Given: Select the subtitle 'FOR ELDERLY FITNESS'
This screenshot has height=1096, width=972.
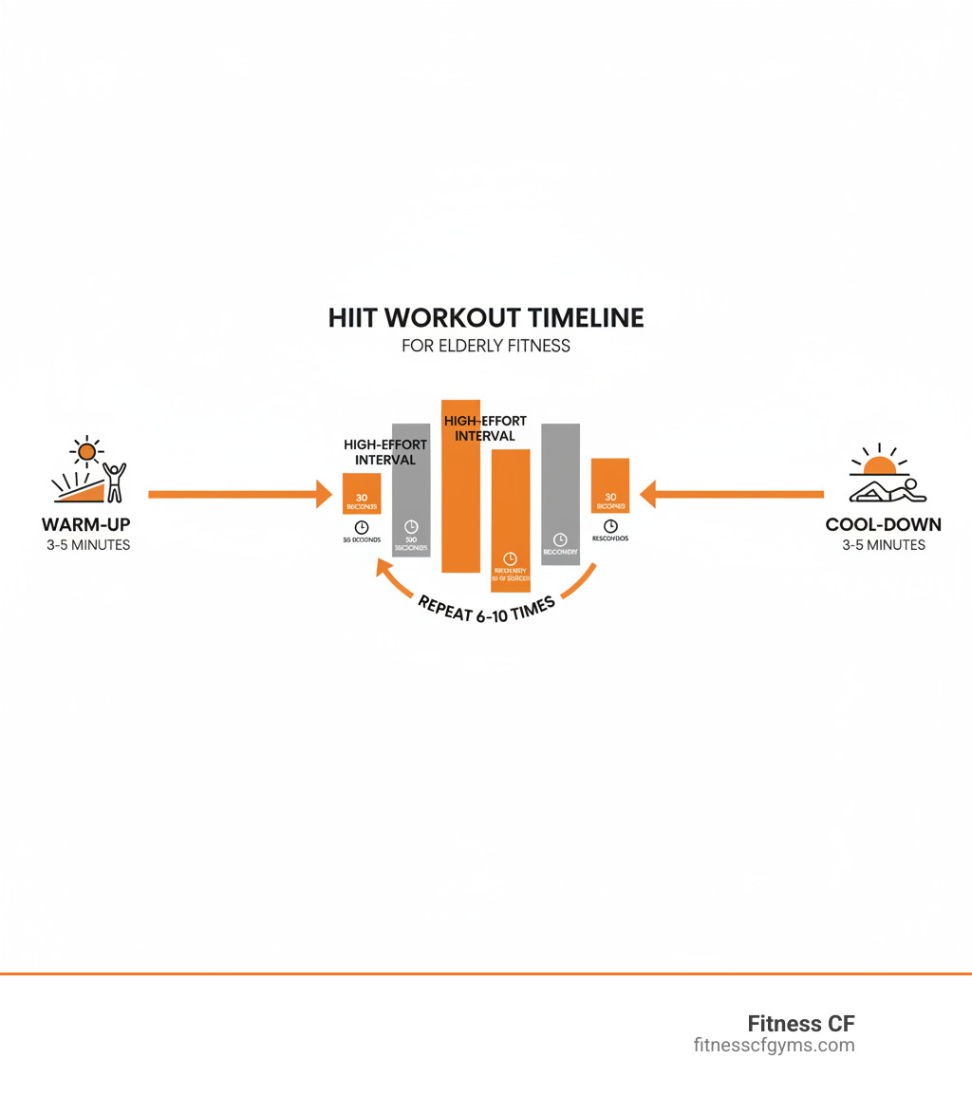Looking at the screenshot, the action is [x=486, y=346].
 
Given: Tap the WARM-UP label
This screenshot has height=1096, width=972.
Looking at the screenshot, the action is [x=86, y=524].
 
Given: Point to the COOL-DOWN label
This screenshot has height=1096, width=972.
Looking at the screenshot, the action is [x=883, y=524].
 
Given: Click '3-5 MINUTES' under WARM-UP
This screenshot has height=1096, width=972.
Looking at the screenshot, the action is [x=87, y=545].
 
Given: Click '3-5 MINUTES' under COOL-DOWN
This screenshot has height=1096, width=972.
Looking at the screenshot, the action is [x=883, y=545].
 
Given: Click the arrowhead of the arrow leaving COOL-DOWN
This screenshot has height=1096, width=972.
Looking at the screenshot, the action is [x=649, y=494].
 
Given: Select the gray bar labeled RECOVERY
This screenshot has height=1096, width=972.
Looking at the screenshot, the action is [x=560, y=494].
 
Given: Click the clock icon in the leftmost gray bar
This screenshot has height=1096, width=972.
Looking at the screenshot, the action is [x=411, y=526].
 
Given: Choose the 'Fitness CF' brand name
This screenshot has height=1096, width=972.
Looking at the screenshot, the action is [x=800, y=1024].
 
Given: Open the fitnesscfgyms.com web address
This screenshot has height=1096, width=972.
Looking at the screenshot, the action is [x=774, y=1046].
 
